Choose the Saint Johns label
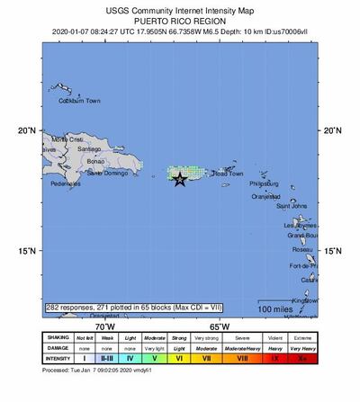tap(292, 206)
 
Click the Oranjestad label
tap(266, 195)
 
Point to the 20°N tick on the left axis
tap(27, 130)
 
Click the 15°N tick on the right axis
tap(332, 251)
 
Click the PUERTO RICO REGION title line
tap(180, 17)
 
